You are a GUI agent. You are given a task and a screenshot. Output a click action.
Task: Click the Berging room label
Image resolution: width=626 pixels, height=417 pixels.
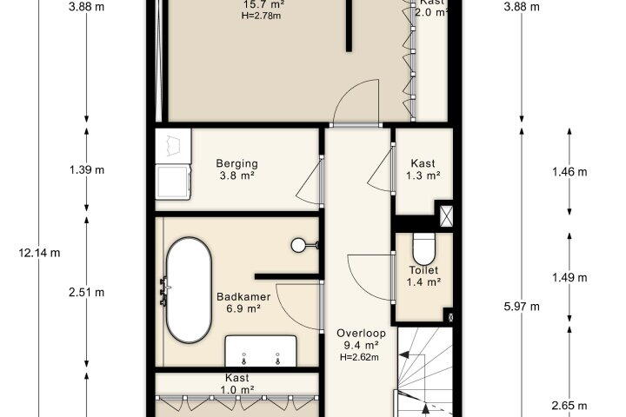(237, 163)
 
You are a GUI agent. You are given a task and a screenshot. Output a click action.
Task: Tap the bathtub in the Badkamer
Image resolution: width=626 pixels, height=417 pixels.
(189, 290)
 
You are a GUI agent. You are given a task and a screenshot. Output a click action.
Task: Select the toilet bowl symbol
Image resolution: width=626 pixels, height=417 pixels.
(423, 248)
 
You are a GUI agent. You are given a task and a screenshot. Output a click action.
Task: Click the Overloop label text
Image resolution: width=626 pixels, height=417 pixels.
(361, 334)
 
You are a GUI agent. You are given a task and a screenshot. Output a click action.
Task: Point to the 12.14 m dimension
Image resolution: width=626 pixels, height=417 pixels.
(39, 253)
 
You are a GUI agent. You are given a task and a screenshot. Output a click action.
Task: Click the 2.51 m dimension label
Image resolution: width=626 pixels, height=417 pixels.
(87, 293)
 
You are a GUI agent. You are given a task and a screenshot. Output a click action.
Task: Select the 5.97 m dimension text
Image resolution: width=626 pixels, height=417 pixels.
(522, 307)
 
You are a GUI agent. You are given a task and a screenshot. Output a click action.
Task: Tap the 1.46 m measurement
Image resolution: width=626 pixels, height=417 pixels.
(569, 172)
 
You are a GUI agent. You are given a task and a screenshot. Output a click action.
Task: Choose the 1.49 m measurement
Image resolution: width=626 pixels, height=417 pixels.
(569, 277)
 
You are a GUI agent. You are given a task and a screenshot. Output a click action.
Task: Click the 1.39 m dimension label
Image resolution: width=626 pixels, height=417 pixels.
(87, 170)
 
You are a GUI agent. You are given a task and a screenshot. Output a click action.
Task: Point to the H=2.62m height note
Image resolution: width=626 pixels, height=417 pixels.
(359, 358)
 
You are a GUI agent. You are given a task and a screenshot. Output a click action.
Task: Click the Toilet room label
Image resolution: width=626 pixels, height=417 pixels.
(423, 270)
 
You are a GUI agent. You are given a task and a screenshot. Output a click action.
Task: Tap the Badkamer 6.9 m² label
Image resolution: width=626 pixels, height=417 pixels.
(243, 302)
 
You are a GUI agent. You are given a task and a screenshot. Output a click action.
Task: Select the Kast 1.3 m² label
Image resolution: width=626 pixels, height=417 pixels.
(423, 169)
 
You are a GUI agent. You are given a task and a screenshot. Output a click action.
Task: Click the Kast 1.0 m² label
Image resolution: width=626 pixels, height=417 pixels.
(237, 383)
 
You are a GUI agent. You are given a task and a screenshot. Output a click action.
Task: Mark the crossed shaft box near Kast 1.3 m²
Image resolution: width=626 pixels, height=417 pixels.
(446, 216)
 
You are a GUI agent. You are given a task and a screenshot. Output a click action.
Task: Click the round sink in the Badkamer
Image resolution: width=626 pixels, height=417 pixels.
(298, 245)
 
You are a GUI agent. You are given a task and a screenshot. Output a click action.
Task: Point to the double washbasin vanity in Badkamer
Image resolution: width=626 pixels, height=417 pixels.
(261, 351)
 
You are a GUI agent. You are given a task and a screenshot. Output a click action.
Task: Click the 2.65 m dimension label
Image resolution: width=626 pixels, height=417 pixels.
(569, 406)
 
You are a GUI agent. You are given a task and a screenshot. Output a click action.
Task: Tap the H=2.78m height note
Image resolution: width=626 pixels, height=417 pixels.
(261, 16)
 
